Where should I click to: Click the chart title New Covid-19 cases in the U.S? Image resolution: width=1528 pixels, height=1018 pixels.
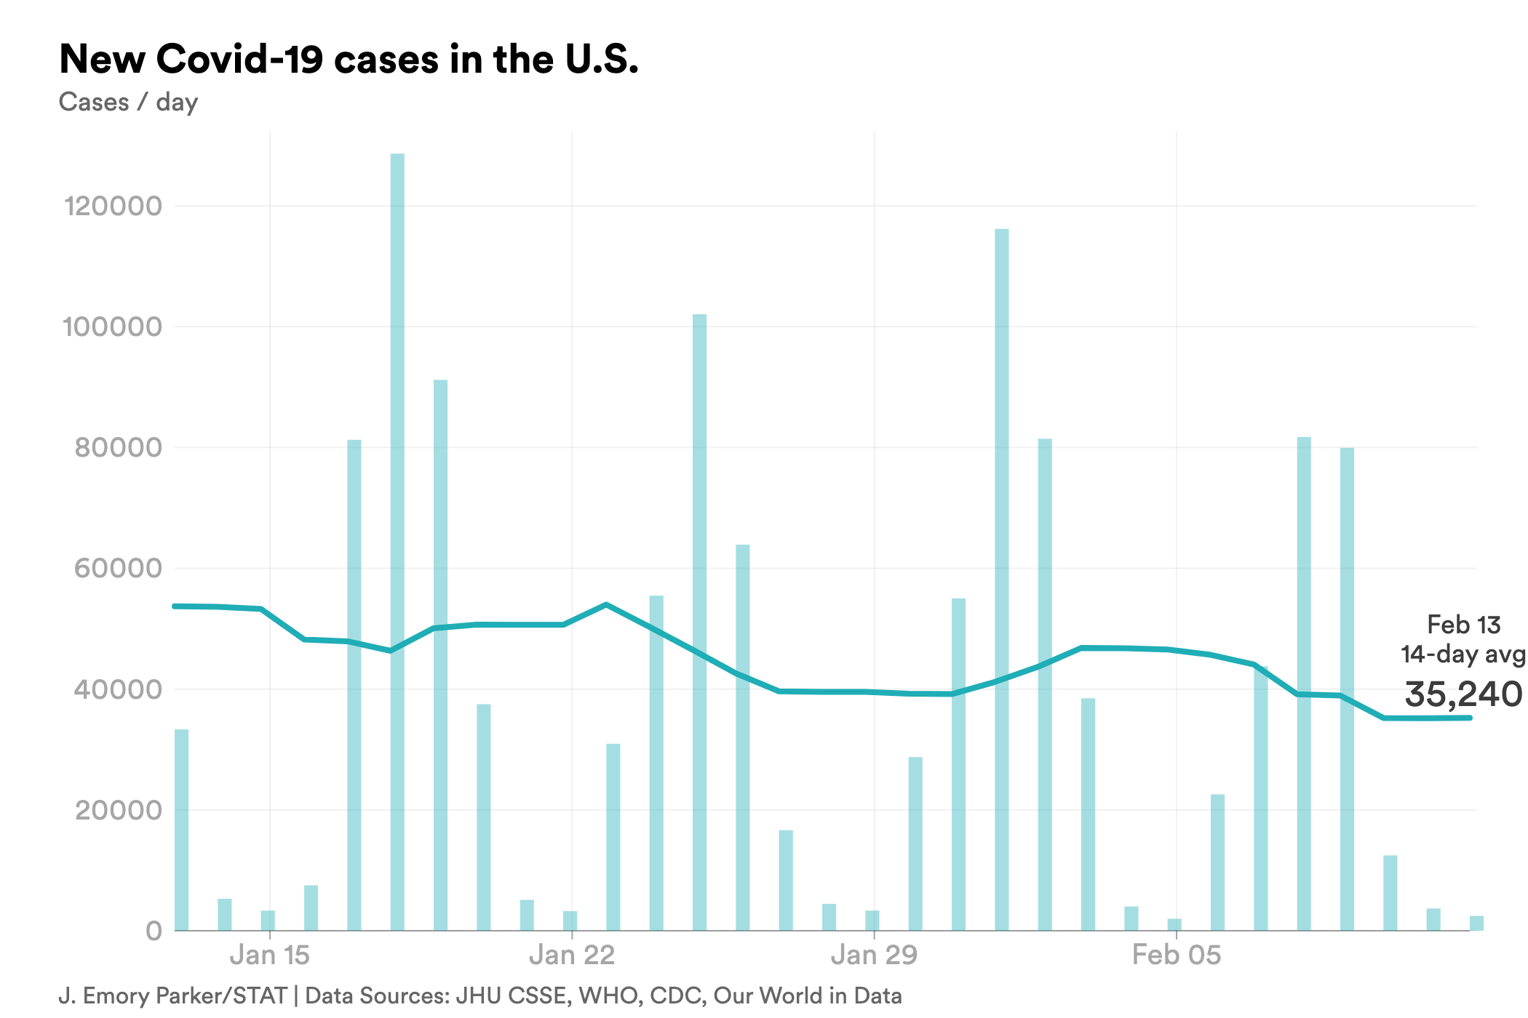click(349, 60)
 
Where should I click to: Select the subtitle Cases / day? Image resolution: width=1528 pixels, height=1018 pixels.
click(128, 103)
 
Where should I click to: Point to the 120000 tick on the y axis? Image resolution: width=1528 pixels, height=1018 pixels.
click(114, 207)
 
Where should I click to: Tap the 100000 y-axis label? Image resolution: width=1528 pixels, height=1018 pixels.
click(113, 327)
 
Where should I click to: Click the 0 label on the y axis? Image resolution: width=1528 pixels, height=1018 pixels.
click(154, 931)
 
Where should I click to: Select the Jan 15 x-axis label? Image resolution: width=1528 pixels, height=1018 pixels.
click(269, 955)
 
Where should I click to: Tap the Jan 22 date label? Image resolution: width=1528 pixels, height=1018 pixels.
click(572, 955)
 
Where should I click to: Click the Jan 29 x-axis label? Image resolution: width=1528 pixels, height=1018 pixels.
click(874, 955)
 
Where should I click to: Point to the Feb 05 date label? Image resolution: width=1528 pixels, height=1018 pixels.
click(1176, 955)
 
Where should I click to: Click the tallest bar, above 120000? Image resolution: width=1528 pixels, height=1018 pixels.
click(397, 509)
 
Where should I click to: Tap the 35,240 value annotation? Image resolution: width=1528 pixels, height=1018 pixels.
click(1463, 694)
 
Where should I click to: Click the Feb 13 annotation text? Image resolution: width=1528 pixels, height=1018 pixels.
click(1463, 625)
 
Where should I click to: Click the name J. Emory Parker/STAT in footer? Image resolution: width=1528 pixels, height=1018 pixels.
click(172, 996)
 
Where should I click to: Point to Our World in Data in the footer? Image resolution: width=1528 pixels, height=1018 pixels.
click(807, 996)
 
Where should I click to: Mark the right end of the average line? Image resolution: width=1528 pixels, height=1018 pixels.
click(1470, 718)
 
